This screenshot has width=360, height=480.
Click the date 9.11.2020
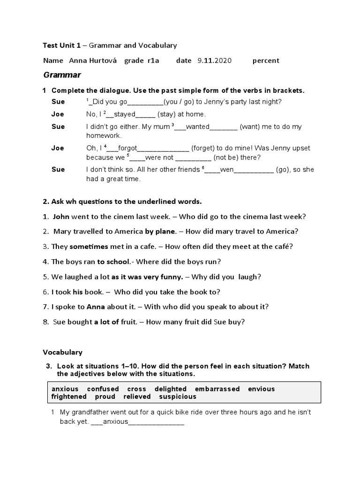click(x=214, y=60)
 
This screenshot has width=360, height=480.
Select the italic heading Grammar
click(x=62, y=75)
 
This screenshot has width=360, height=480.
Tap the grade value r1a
click(x=153, y=60)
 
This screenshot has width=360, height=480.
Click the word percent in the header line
click(x=265, y=60)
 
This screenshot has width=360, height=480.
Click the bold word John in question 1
click(x=61, y=217)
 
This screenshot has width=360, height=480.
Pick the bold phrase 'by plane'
click(x=160, y=232)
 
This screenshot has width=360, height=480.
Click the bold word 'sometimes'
click(x=88, y=247)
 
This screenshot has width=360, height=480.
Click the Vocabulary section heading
click(x=62, y=352)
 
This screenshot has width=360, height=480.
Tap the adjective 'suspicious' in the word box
click(x=178, y=397)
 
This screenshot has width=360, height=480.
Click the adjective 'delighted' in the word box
click(x=171, y=389)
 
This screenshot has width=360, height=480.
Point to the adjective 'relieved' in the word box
click(x=137, y=397)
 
